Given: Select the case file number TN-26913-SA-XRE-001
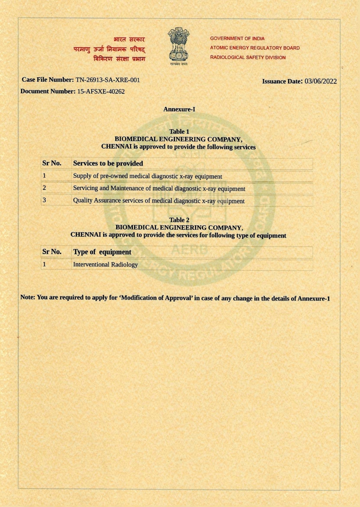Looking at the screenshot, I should coord(108,80).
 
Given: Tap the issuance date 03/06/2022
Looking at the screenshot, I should coord(321,81).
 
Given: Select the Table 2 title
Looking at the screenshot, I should coord(179,220).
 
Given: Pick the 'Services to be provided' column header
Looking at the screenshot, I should coord(108,163).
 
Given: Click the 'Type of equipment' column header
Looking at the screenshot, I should coord(102,252).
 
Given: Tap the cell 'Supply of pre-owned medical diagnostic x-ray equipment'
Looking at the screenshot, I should coord(148,176).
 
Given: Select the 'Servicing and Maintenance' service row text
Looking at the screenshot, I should coord(159,189).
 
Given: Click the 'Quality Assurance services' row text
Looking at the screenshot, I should coord(159,201).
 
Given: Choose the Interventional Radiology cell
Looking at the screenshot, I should coord(105,264).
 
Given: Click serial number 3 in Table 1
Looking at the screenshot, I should coord(44,200).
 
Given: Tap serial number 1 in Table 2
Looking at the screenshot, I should coord(44,264).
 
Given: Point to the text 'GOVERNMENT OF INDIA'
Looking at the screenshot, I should coord(237,38).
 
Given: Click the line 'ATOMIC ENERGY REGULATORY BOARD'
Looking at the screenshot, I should coord(255,48).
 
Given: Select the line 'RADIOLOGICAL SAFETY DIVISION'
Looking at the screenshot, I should coord(248,58).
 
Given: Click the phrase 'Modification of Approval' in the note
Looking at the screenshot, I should coord(156,298).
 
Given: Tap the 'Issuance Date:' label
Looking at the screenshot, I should coord(282,81).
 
